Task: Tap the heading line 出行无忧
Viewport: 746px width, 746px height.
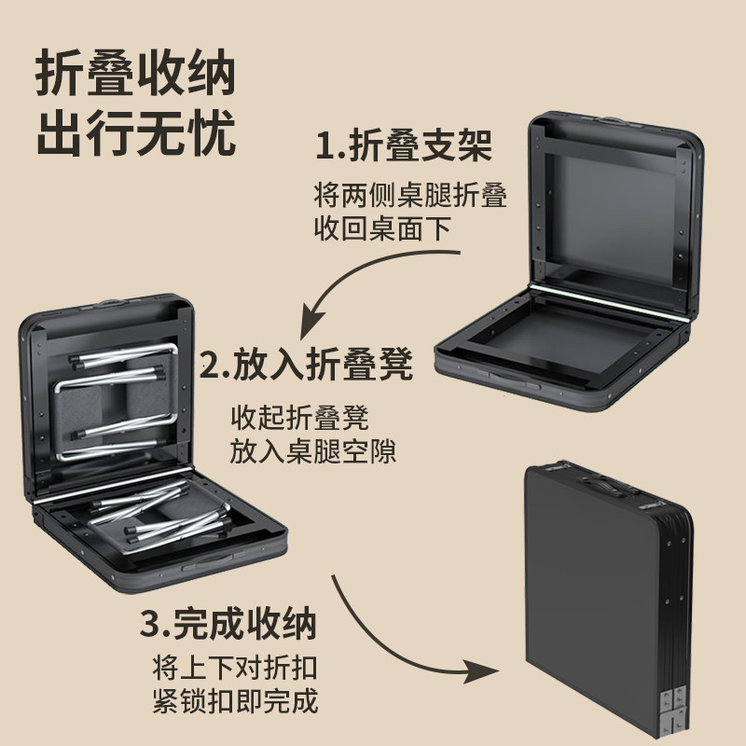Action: point(135,134)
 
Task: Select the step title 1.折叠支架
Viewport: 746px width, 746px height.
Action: point(403,146)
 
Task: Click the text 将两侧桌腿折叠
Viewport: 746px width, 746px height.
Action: point(410,196)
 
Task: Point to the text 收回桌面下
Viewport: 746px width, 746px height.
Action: point(388,228)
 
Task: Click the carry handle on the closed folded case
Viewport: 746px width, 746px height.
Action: point(606,486)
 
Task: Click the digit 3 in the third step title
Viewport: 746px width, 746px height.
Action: point(148,624)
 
